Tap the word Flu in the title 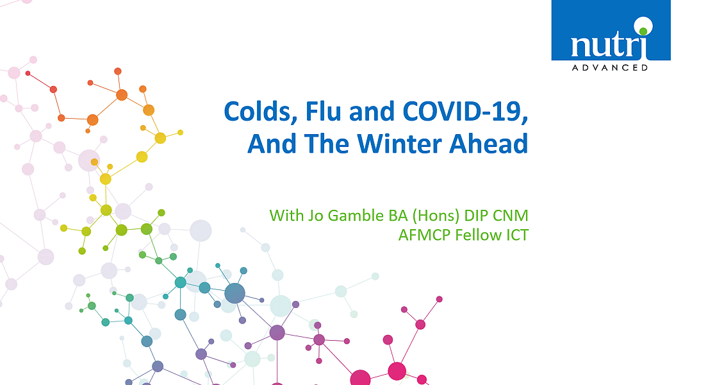coord(323,111)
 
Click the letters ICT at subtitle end coord(515,235)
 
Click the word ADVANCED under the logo coord(610,68)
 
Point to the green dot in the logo coord(643,31)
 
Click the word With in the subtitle coord(286,216)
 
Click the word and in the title coord(372,111)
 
